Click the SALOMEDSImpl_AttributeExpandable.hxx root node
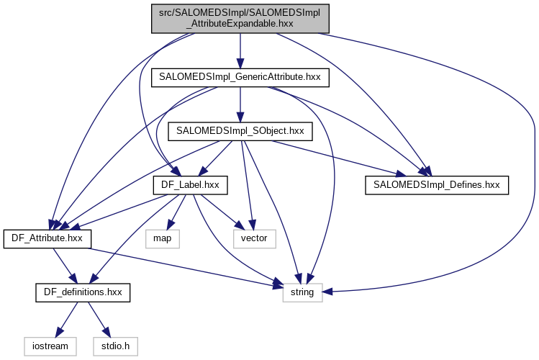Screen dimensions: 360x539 240,17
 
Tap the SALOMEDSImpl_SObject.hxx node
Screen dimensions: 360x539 240,131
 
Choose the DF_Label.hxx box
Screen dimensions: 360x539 190,185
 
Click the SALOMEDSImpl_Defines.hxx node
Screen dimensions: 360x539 437,185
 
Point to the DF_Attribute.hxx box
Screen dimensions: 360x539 47,239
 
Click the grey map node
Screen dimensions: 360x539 161,239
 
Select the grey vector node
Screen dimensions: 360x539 254,239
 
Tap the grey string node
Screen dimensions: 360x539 302,293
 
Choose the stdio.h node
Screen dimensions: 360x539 112,347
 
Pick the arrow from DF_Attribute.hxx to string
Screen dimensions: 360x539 180,268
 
